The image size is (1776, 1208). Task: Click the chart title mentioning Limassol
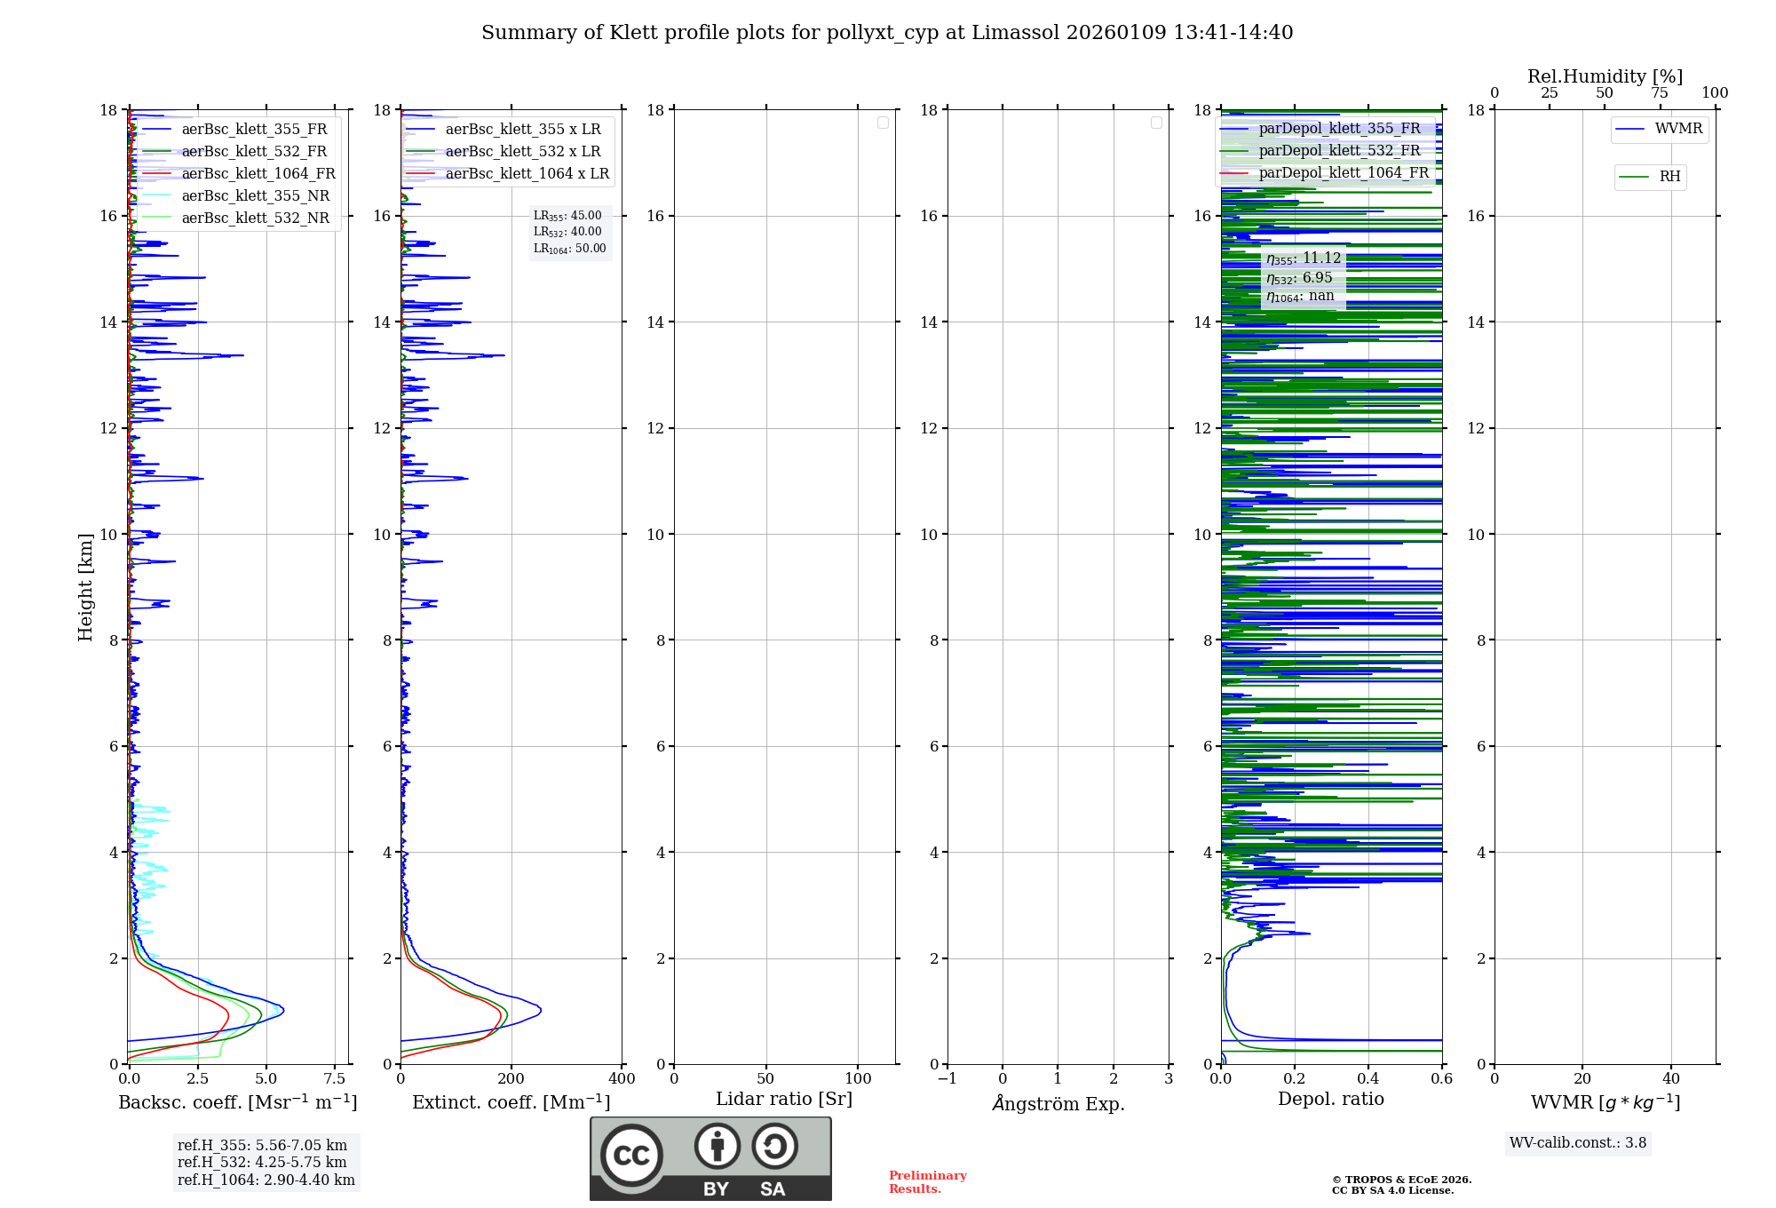887,33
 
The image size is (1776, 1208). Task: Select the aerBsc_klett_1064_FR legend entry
258,174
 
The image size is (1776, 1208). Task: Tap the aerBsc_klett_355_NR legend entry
255,196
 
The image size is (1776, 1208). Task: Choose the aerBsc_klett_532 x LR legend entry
522,152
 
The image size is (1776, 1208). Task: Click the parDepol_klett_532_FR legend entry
1339,151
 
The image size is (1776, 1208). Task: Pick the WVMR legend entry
1677,129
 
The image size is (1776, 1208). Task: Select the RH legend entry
1669,177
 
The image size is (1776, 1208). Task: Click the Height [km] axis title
85,587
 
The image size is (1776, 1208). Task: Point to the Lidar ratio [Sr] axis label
783,1100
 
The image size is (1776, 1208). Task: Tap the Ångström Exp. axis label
1058,1104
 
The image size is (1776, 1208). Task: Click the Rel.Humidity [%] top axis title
1605,76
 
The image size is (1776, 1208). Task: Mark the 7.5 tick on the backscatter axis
335,1079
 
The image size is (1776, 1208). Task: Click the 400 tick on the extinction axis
622,1079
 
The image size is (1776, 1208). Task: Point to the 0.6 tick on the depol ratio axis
1441,1079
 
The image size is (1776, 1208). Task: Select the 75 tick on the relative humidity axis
1660,93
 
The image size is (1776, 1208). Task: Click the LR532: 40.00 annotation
567,232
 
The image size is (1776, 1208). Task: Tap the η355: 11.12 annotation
1303,258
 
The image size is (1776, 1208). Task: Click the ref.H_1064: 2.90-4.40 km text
266,1180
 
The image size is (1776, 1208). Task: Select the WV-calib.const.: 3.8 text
1577,1143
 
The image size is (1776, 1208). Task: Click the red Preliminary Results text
927,1182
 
